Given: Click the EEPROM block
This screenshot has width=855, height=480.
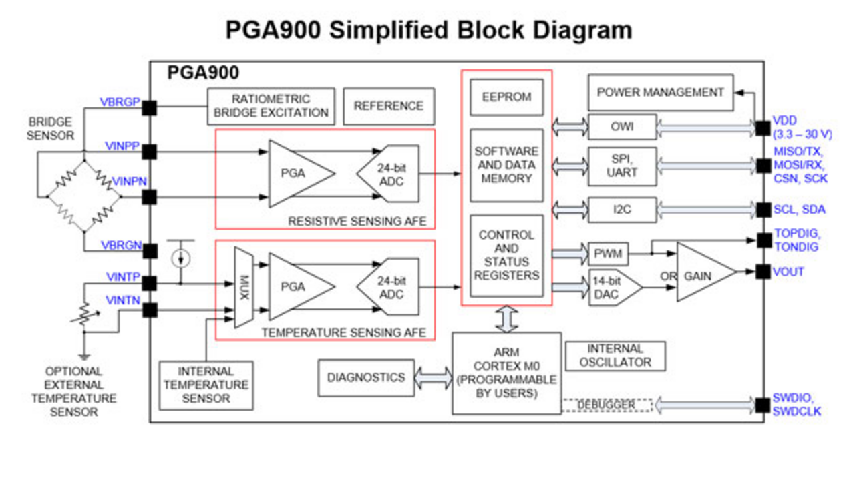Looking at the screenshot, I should tap(507, 97).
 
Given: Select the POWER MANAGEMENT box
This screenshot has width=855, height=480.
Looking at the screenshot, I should tap(660, 93).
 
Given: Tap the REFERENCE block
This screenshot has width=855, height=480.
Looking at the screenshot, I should tap(389, 106).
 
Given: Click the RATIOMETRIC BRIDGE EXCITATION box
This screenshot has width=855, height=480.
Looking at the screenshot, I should tap(271, 106).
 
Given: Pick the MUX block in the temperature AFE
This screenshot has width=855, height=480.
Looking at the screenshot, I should tap(244, 288).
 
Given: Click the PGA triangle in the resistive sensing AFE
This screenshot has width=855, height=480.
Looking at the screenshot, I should tap(297, 173).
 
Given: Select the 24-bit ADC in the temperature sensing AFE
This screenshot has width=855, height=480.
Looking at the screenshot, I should tap(389, 288).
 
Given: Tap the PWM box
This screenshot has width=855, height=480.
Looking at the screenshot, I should tap(608, 254).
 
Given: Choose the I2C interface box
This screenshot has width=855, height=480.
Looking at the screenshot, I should tap(622, 210).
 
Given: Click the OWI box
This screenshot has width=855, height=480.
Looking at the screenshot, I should tap(622, 126).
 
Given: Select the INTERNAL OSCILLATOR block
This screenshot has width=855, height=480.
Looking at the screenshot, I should tap(615, 356).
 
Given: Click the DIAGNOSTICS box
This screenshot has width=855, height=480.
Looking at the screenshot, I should tap(365, 377).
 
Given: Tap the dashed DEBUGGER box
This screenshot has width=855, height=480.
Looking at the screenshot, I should tap(607, 405).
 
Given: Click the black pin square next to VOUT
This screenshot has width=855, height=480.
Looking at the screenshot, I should tap(763, 272).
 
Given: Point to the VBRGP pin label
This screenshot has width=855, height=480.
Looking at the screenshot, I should tap(120, 102).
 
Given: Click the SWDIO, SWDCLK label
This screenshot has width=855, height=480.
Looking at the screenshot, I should tap(796, 405).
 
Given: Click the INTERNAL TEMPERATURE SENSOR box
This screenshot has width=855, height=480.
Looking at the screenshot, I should tap(206, 385).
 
